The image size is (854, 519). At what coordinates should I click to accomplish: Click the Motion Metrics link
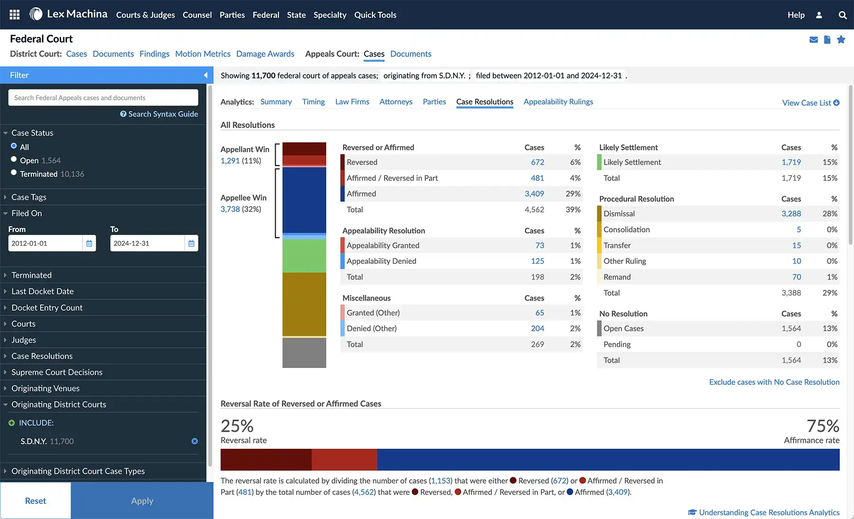[x=203, y=54]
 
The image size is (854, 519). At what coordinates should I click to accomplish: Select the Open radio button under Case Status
[x=14, y=160]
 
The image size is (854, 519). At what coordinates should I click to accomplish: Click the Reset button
[x=36, y=501]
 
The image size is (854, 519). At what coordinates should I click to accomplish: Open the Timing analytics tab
[x=313, y=102]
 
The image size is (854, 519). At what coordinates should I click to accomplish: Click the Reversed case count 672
[x=537, y=162]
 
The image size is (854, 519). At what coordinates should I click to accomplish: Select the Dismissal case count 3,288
[x=791, y=214]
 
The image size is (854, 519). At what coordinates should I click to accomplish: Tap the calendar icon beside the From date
[x=89, y=243]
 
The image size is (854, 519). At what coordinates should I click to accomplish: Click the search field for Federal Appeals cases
[x=103, y=98]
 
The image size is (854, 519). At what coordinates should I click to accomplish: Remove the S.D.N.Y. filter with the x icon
[x=195, y=441]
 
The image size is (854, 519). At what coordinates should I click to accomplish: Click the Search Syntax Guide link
[x=159, y=114]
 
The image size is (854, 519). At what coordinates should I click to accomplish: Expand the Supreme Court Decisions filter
[x=57, y=372]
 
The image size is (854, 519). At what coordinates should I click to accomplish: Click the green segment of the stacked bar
[x=304, y=256]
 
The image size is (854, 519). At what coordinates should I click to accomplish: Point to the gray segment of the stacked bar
[x=304, y=352]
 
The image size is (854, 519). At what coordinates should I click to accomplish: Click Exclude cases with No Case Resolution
[x=774, y=382]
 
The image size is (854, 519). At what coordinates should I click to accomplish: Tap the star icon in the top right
[x=841, y=40]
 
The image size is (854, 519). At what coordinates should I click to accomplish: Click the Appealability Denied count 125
[x=537, y=261]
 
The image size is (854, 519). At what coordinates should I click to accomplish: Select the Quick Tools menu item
[x=375, y=15]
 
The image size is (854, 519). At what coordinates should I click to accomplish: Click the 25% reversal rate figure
[x=237, y=426]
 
